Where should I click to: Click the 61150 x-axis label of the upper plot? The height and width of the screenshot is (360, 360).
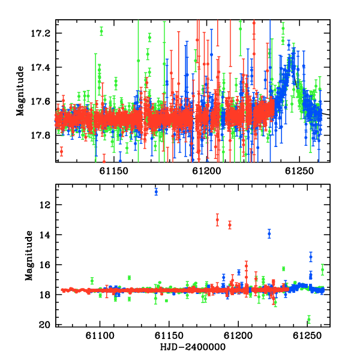point(113,171)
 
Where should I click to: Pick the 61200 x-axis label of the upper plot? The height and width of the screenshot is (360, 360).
point(206,171)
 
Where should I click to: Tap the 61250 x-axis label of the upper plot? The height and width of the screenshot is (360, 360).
point(299,171)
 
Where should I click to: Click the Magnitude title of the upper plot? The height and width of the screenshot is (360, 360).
point(20,91)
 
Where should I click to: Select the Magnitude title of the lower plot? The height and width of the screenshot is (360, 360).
point(29,256)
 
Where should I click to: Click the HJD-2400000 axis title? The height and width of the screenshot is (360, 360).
point(193,347)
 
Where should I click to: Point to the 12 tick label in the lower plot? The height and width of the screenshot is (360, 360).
point(44,205)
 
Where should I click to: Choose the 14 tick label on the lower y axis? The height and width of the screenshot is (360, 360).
point(44,235)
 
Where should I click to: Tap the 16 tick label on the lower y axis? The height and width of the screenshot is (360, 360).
point(44,265)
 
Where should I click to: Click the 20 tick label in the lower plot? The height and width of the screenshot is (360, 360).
point(44,325)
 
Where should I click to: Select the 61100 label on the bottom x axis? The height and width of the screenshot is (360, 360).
point(100,336)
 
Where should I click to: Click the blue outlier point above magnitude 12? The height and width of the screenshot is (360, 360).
point(156,191)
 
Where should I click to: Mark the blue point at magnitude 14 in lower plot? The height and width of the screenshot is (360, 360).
point(269,234)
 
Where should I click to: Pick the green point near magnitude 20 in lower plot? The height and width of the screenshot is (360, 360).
point(309,319)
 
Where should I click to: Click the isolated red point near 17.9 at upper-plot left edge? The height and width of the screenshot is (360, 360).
point(61,151)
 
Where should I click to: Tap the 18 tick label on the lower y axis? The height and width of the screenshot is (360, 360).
point(44,295)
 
